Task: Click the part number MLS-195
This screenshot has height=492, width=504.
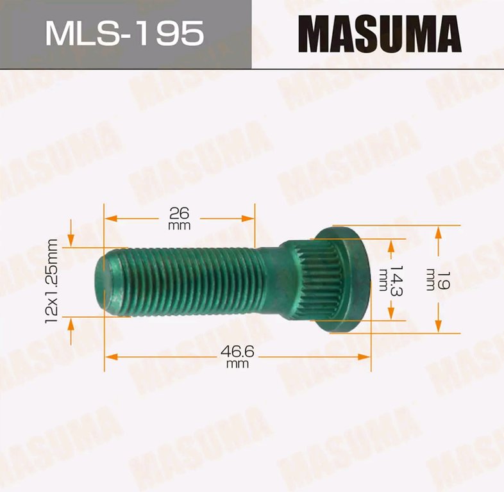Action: [x=124, y=33]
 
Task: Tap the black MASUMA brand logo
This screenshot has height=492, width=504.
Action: [x=380, y=34]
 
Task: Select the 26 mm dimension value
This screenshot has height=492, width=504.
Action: [x=180, y=218]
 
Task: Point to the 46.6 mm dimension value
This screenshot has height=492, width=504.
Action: [x=237, y=356]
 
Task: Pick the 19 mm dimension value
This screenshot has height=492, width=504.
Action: [x=438, y=281]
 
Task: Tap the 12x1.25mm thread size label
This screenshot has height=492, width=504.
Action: [x=51, y=281]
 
